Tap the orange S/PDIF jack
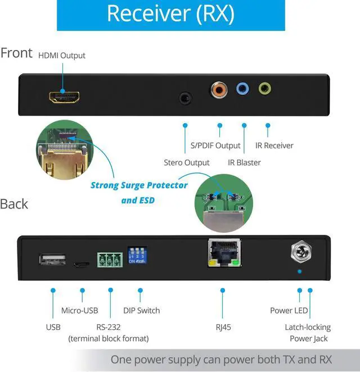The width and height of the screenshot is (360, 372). (x=218, y=89)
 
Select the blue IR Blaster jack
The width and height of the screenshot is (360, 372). (x=242, y=89)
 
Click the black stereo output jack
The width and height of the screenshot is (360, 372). (x=184, y=97)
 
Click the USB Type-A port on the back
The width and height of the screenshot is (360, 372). (x=52, y=260)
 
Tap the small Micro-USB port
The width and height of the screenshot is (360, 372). (x=82, y=263)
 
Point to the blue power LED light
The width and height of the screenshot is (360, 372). (x=299, y=271)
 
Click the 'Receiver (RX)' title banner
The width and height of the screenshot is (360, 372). (x=170, y=15)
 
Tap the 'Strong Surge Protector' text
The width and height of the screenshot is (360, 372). (x=139, y=185)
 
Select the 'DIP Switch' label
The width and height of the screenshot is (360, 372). (x=141, y=311)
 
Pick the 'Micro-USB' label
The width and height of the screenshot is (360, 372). (x=79, y=311)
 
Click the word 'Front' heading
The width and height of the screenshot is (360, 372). (x=17, y=53)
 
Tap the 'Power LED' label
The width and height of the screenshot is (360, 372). (x=289, y=311)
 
